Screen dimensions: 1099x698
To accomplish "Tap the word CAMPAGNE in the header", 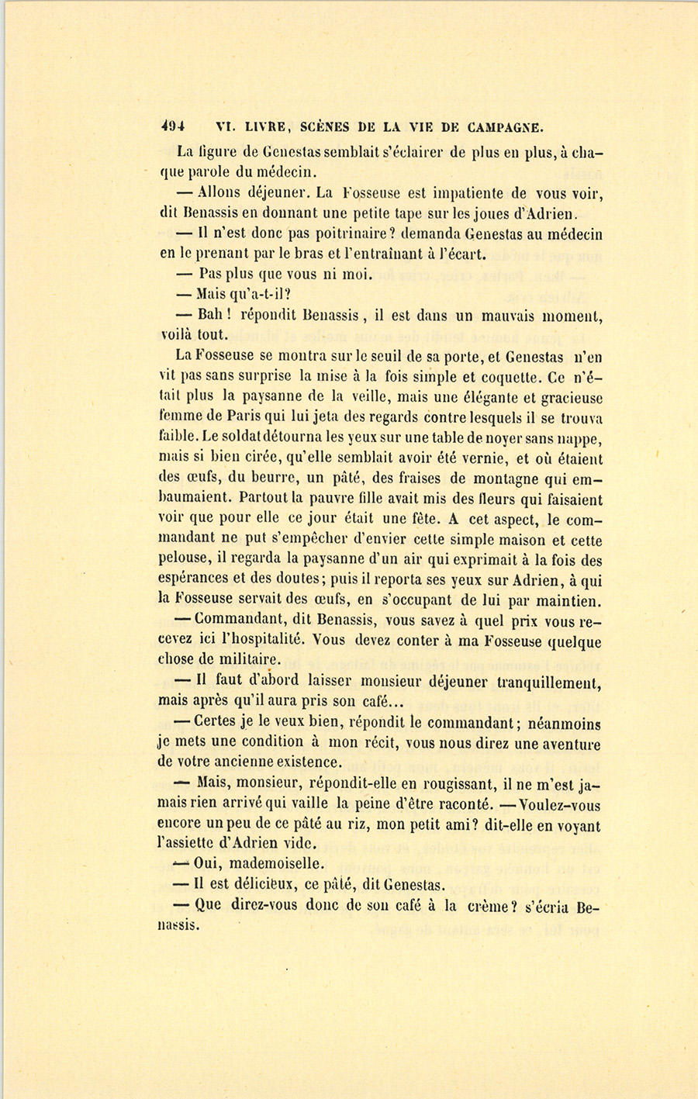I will coord(502,126).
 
